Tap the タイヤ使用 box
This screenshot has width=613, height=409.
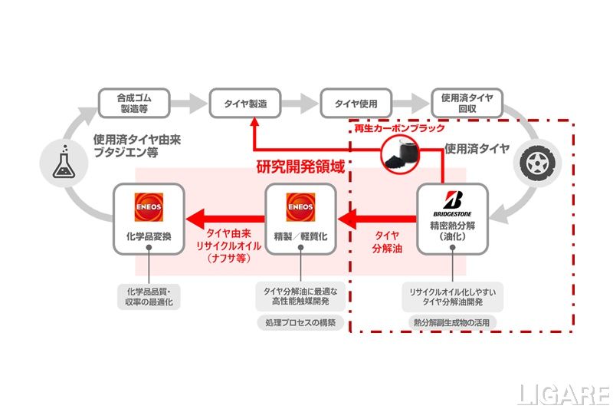[x=355, y=103]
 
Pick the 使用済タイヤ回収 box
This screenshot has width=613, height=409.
[x=467, y=103]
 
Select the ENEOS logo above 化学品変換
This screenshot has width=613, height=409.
[x=149, y=207]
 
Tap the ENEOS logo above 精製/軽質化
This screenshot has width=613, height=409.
[x=300, y=207]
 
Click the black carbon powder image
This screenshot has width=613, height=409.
[x=400, y=153]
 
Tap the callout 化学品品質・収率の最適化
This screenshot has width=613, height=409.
[x=149, y=295]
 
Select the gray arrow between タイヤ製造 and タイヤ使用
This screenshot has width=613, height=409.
[x=298, y=103]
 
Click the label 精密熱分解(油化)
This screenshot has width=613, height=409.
[x=453, y=232]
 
